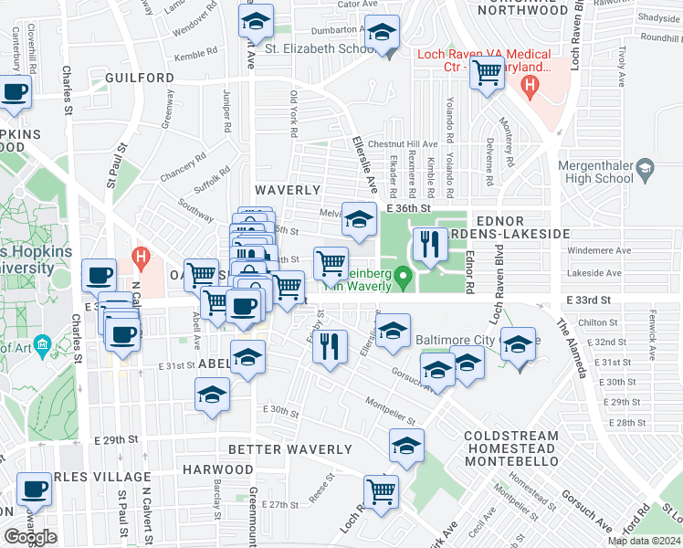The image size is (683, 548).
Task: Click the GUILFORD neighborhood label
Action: tap(139, 79)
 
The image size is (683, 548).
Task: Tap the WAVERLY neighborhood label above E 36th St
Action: tap(288, 190)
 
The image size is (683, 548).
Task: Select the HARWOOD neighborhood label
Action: tap(216, 469)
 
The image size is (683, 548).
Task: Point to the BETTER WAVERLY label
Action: tap(289, 449)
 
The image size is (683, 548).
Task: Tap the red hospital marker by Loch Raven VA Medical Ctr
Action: tap(528, 87)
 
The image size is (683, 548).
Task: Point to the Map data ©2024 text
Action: tap(644, 541)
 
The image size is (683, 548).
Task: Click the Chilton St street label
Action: tap(598, 322)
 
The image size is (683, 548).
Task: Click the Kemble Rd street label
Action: tap(196, 56)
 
